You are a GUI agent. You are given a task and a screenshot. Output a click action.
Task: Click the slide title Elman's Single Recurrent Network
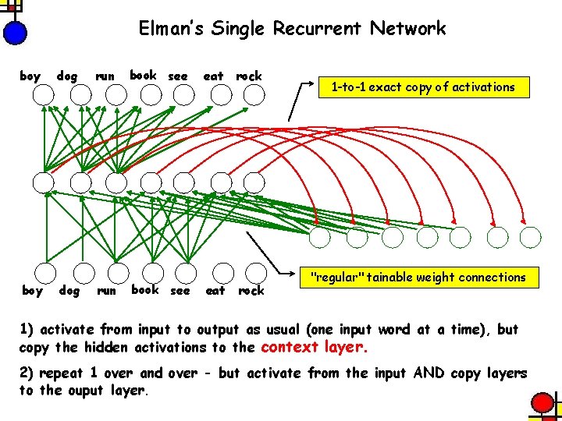point(292,29)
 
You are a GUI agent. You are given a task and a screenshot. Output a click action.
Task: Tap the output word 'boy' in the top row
point(30,76)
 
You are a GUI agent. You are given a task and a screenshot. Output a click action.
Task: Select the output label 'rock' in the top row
point(249,76)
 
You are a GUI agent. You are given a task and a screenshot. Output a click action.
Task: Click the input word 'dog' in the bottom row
point(69,291)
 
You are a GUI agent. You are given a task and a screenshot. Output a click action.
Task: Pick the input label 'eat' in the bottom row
point(215,291)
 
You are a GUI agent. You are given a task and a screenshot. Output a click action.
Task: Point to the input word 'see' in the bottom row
point(180,291)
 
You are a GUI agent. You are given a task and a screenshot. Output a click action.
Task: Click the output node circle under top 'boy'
point(44,95)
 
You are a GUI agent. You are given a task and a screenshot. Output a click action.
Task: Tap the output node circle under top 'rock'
point(254,95)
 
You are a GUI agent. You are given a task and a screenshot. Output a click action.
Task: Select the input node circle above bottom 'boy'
point(44,271)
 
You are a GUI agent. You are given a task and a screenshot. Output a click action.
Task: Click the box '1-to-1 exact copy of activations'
point(423,87)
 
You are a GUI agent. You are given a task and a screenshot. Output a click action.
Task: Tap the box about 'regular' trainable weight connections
point(418,277)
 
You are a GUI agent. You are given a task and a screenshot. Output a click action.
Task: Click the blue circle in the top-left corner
point(15,32)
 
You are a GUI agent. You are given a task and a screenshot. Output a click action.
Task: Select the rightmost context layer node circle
point(531,236)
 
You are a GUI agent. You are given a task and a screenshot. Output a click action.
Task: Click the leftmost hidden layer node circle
point(44,183)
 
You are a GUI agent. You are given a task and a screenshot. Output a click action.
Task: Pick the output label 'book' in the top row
point(144,75)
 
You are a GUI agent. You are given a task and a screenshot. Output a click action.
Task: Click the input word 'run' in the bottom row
point(106,291)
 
